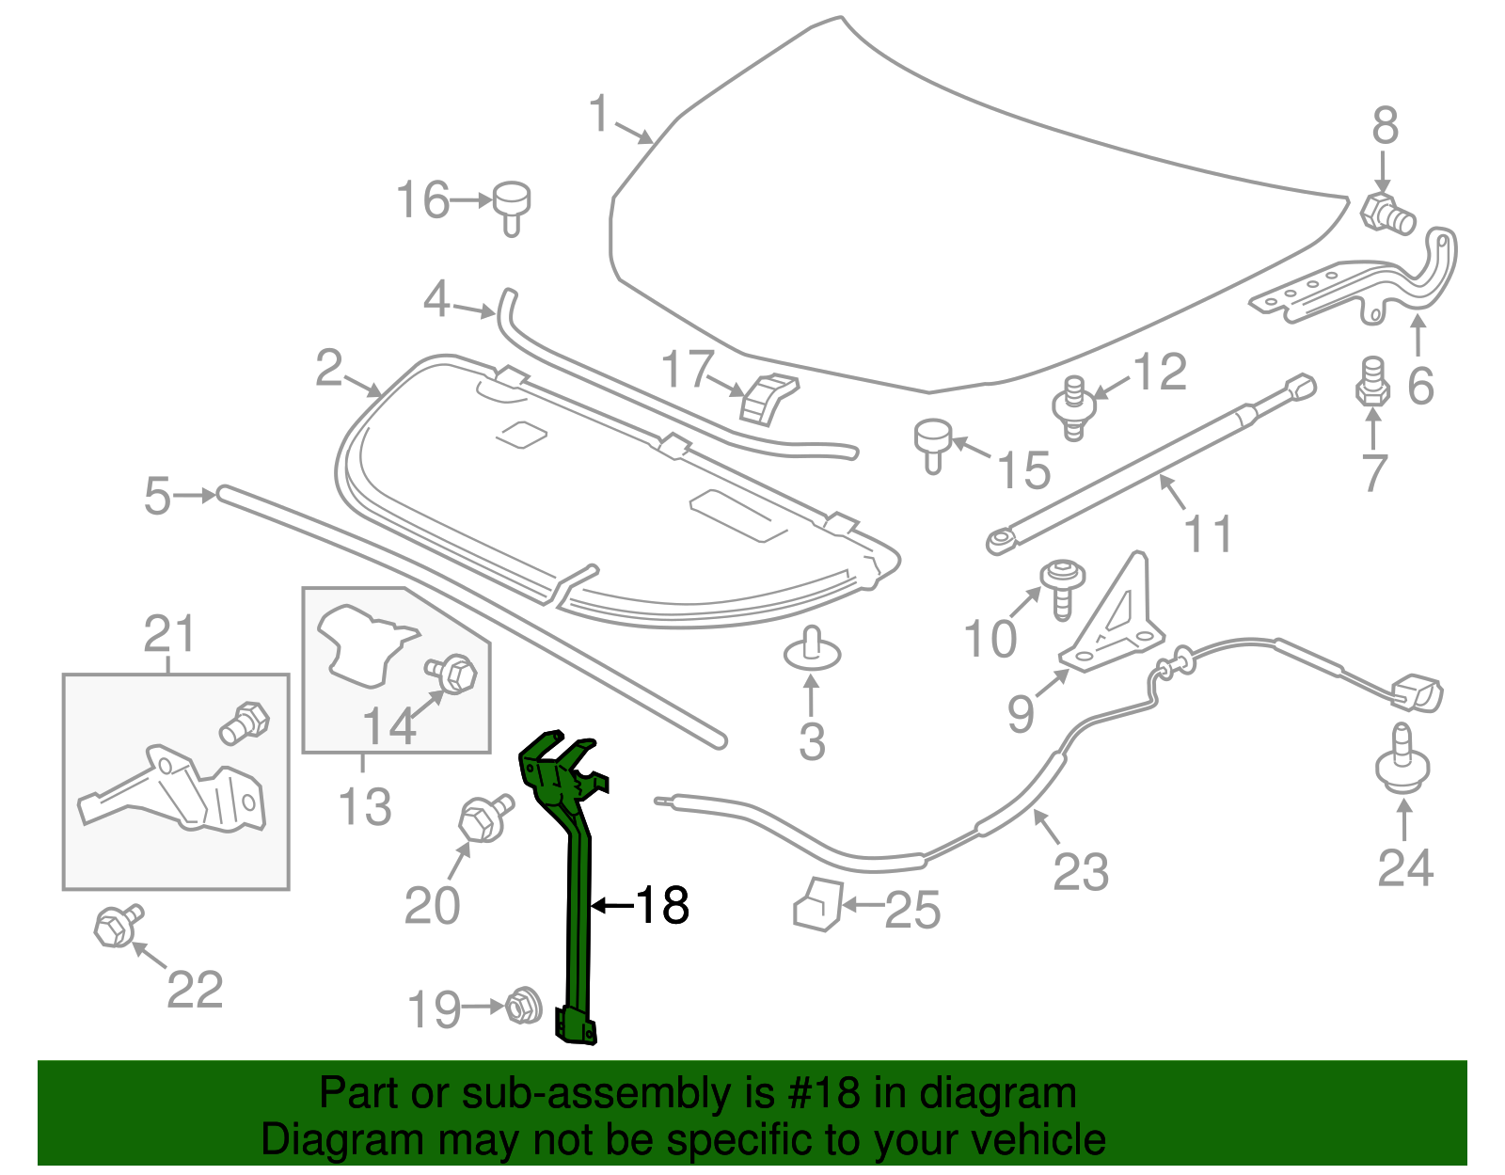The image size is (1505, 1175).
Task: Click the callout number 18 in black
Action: click(x=663, y=905)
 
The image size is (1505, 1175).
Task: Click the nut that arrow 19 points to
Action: click(x=523, y=1007)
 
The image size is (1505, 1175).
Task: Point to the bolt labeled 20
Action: click(x=483, y=817)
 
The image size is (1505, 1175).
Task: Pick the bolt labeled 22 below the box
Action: click(x=117, y=926)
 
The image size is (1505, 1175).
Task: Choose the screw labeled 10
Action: click(x=1062, y=587)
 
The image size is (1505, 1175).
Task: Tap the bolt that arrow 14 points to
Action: click(x=455, y=674)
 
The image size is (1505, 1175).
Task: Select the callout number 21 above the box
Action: click(x=169, y=634)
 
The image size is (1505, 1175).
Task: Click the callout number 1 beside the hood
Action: click(x=599, y=115)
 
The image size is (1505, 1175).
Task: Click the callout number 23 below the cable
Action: click(x=1081, y=872)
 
